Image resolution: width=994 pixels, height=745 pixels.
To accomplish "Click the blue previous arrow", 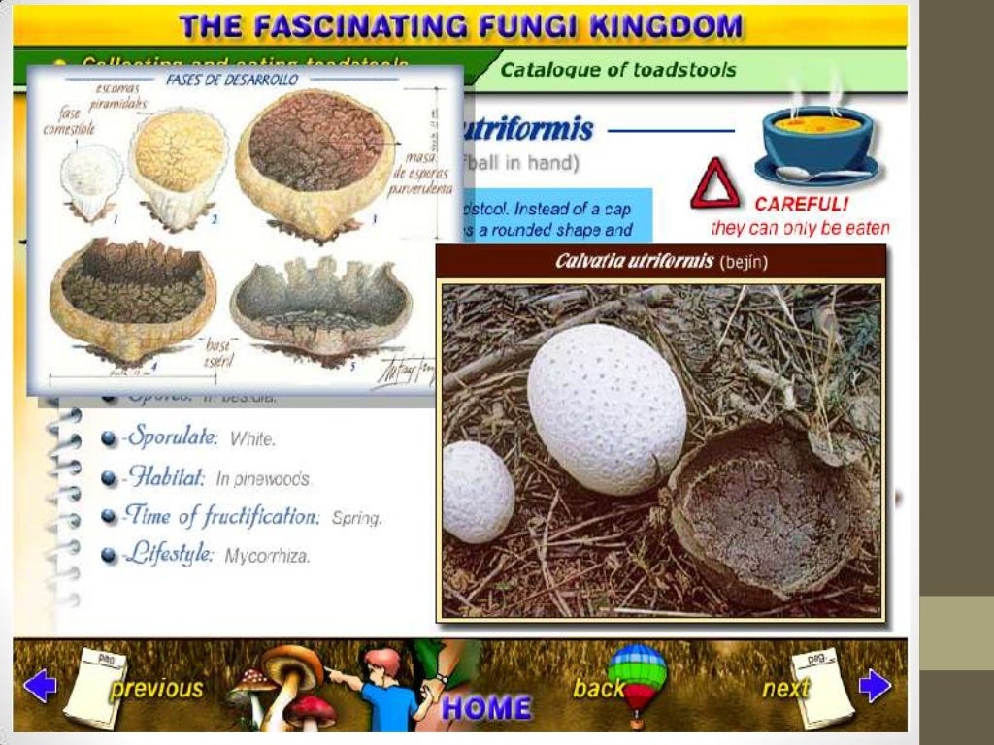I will point(40,687).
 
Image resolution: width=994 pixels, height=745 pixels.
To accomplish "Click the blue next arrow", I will point(875,687).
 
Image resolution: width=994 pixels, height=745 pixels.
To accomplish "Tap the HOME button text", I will point(486,707).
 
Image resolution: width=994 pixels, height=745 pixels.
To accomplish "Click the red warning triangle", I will point(714,184).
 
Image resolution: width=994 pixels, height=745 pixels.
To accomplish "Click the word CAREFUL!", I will point(801,205).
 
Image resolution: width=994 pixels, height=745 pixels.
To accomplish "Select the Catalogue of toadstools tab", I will point(617,70).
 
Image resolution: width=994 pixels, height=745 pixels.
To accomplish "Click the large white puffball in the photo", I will point(607,407).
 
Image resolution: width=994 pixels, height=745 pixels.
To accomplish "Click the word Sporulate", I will point(171,437).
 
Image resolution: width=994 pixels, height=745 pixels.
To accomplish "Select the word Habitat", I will point(164,477).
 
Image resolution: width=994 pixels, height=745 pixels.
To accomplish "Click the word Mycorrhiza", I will point(267,557).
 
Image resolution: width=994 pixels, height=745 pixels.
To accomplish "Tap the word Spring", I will point(356,518).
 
